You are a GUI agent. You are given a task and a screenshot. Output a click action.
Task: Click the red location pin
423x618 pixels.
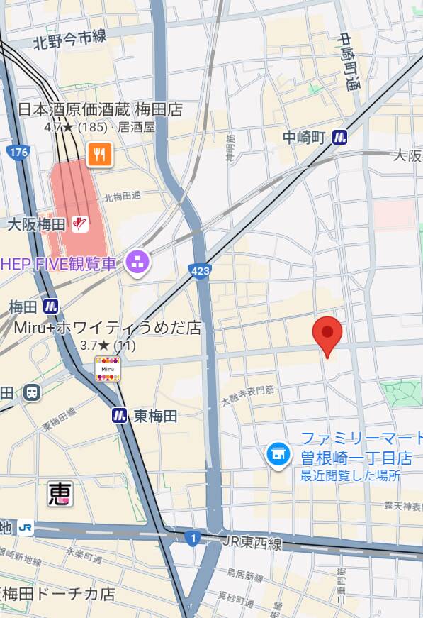(327, 336)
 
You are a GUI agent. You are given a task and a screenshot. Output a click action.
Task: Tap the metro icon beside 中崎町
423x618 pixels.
(341, 137)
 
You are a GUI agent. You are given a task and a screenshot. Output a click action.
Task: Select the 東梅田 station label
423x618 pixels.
(155, 416)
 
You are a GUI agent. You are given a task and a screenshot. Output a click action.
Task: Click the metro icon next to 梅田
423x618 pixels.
(50, 307)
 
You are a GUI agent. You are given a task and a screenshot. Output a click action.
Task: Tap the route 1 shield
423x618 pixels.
(192, 538)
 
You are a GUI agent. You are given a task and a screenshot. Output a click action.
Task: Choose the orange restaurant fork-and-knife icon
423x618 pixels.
(99, 154)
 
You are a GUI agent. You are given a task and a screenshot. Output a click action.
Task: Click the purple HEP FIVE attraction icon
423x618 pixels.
(137, 263)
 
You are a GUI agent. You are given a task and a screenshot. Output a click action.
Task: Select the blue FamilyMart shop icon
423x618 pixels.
(278, 454)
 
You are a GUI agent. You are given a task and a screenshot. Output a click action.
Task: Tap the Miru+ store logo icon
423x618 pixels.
(108, 369)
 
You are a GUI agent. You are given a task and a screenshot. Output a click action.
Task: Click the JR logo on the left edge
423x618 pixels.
(26, 527)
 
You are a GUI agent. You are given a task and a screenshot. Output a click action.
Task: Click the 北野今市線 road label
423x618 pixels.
(69, 40)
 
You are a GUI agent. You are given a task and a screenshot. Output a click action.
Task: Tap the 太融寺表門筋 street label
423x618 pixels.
(247, 395)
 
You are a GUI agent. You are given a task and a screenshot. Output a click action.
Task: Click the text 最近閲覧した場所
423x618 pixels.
(350, 475)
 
